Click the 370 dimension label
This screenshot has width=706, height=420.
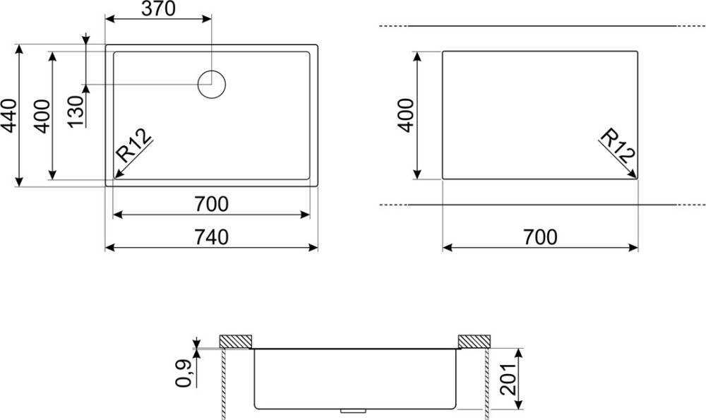(x=158, y=8)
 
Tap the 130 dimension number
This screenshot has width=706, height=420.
(x=77, y=112)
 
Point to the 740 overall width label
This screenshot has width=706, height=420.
(x=211, y=237)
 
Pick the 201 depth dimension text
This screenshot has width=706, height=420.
(x=508, y=379)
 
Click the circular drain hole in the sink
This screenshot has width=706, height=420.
(x=212, y=84)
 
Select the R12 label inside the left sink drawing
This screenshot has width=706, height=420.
(x=133, y=145)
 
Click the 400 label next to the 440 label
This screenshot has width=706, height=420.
(x=42, y=116)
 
